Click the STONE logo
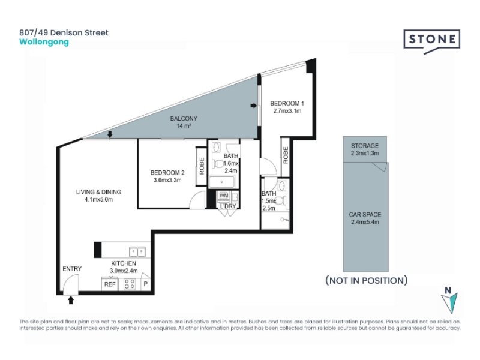click(x=431, y=41)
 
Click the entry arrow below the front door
click(x=71, y=300)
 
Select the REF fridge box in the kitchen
click(x=110, y=284)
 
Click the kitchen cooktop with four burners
click(x=130, y=284)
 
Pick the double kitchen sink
click(x=137, y=252)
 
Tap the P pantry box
click(x=146, y=284)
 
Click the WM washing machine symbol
click(x=224, y=196)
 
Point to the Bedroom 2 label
click(x=167, y=176)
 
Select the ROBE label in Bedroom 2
click(x=202, y=166)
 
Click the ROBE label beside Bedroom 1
click(x=286, y=155)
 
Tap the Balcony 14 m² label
click(x=184, y=122)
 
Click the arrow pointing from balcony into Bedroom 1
click(x=254, y=106)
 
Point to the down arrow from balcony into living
click(x=110, y=134)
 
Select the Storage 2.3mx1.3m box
click(x=365, y=149)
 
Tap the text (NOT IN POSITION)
click(x=367, y=280)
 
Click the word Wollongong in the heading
click(x=44, y=42)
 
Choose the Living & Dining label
click(x=98, y=196)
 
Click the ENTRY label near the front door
click(x=72, y=269)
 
